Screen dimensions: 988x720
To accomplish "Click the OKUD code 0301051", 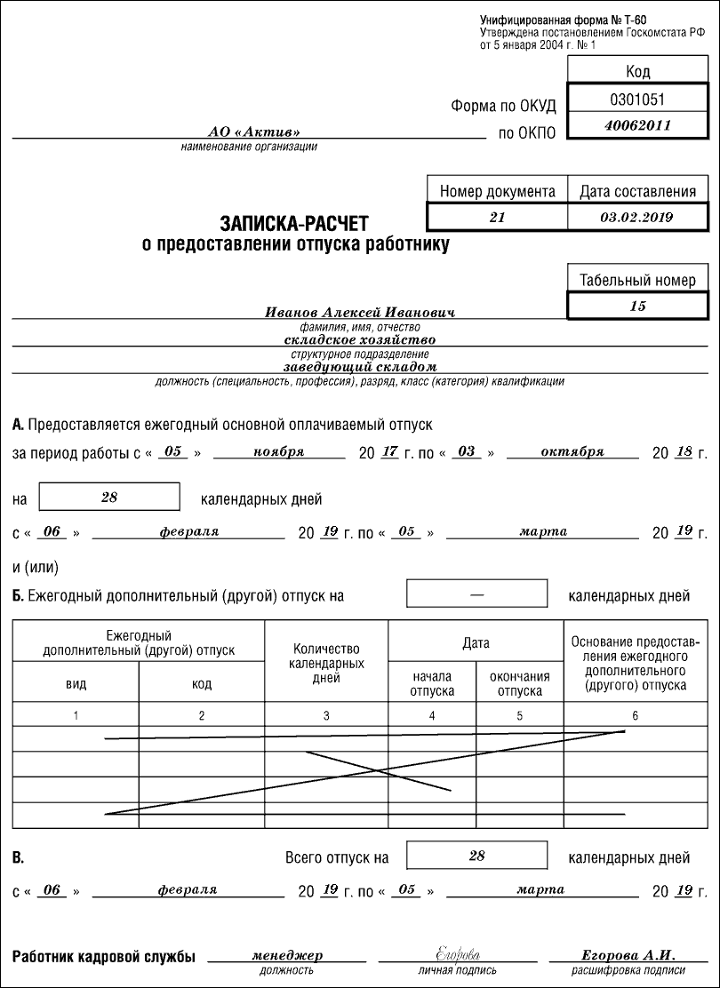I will coord(637,99).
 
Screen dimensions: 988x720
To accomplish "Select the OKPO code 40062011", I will coord(637,125).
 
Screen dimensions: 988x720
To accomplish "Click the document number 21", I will coord(497,217).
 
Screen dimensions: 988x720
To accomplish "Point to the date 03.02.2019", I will coord(637,217).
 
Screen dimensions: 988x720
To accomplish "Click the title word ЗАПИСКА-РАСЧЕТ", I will coord(293,225).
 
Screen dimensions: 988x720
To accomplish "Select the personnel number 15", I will coord(637,306).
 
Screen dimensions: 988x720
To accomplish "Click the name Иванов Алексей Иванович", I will coord(360,313).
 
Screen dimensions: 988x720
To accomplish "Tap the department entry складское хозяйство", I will coord(359,339).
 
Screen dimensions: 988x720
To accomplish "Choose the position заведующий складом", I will coord(360,366).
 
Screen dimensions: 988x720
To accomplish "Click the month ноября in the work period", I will coord(278,451).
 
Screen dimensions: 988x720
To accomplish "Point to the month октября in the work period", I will coord(572,451).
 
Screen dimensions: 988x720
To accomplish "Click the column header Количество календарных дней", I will coord(326,664).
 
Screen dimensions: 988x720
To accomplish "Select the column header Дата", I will coord(476,642).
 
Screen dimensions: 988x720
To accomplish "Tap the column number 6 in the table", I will coord(635,715).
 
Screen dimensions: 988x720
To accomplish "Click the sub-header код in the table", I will coord(202,684).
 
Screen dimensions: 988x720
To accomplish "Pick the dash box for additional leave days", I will coord(476,594).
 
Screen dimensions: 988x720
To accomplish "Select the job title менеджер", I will coord(287,955).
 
